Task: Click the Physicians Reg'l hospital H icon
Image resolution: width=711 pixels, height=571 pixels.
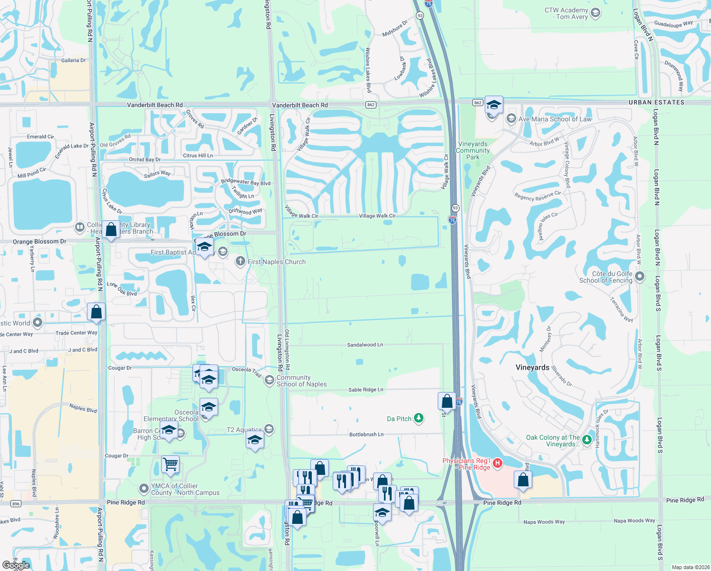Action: point(498,463)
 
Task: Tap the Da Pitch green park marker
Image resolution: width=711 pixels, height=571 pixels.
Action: point(418,418)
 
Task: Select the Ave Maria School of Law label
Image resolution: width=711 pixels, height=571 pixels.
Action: point(555,119)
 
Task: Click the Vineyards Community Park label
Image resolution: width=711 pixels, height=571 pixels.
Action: point(472,150)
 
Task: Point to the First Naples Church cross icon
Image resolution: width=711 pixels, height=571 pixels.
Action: point(240,261)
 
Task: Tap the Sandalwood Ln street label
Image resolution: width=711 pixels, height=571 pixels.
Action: point(365,345)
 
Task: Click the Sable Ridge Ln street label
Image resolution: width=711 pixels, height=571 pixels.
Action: point(365,390)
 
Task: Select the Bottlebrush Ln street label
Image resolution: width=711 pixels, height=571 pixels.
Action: point(366,434)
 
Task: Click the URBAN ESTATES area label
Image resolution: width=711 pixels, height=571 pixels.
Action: point(656,102)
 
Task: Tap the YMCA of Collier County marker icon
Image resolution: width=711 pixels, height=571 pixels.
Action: point(144,489)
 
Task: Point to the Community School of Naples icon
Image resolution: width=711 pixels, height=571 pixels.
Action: point(269,380)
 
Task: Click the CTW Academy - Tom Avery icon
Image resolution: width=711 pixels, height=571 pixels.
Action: point(596,13)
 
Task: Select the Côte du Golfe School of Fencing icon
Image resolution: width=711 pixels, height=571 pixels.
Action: point(640,276)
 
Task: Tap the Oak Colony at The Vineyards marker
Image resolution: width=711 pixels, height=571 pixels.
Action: point(587,440)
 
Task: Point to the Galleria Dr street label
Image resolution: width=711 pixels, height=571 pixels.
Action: point(73,60)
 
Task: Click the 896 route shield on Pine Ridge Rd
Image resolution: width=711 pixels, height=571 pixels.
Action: point(16,503)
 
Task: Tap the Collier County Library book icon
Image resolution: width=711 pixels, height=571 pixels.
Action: point(80,227)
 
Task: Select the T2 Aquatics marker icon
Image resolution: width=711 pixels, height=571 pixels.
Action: point(269,429)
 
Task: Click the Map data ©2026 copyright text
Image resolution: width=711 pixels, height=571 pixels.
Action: point(691,567)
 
